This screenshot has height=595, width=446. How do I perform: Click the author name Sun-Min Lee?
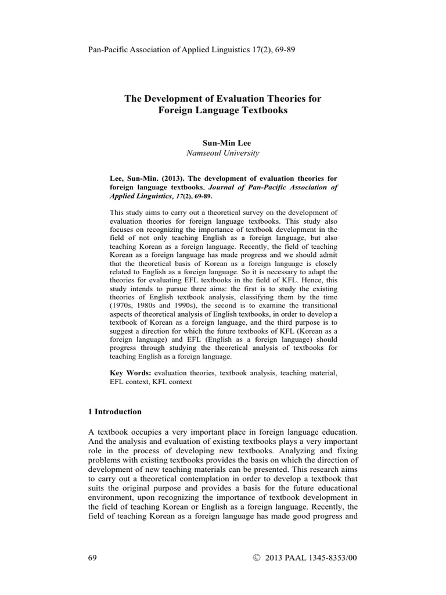222,142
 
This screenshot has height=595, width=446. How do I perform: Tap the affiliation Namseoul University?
222,153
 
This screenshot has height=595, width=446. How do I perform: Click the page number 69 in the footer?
91,558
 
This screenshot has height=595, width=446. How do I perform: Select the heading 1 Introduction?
114,411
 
